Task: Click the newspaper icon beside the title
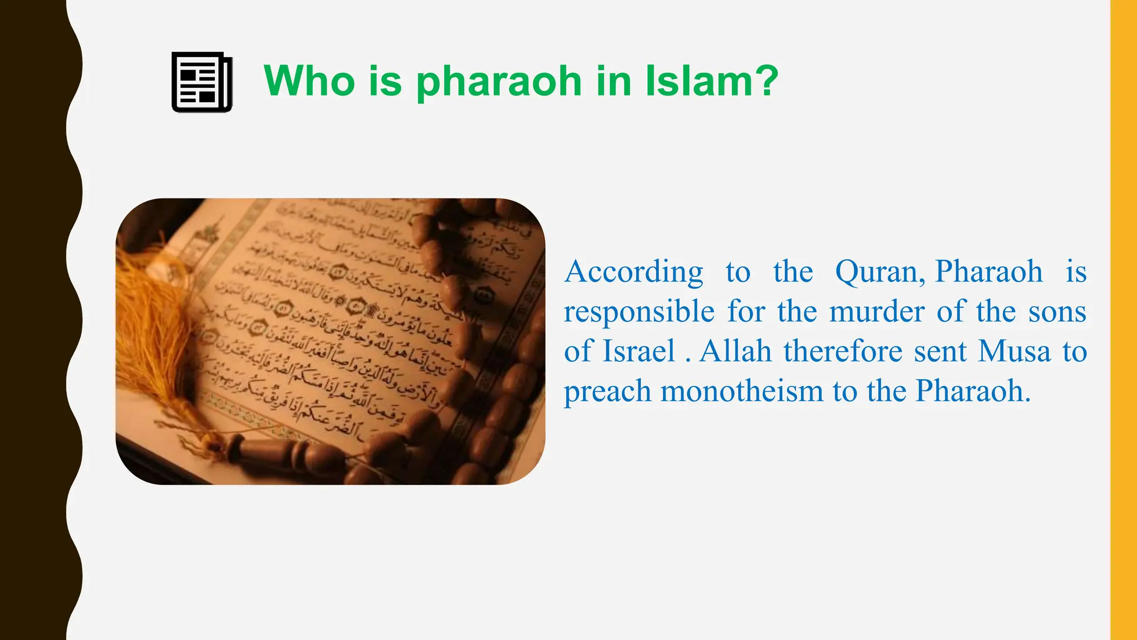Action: click(202, 82)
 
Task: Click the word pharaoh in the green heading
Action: click(499, 81)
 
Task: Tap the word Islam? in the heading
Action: click(712, 81)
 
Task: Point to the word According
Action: click(633, 272)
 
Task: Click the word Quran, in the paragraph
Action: click(879, 272)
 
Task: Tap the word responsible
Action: click(639, 312)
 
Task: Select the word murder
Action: click(877, 312)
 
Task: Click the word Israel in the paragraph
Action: click(639, 351)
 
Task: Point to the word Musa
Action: click(1014, 351)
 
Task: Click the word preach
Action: click(607, 392)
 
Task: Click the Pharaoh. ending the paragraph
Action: click(973, 391)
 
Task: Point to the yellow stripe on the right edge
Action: click(1123, 320)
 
